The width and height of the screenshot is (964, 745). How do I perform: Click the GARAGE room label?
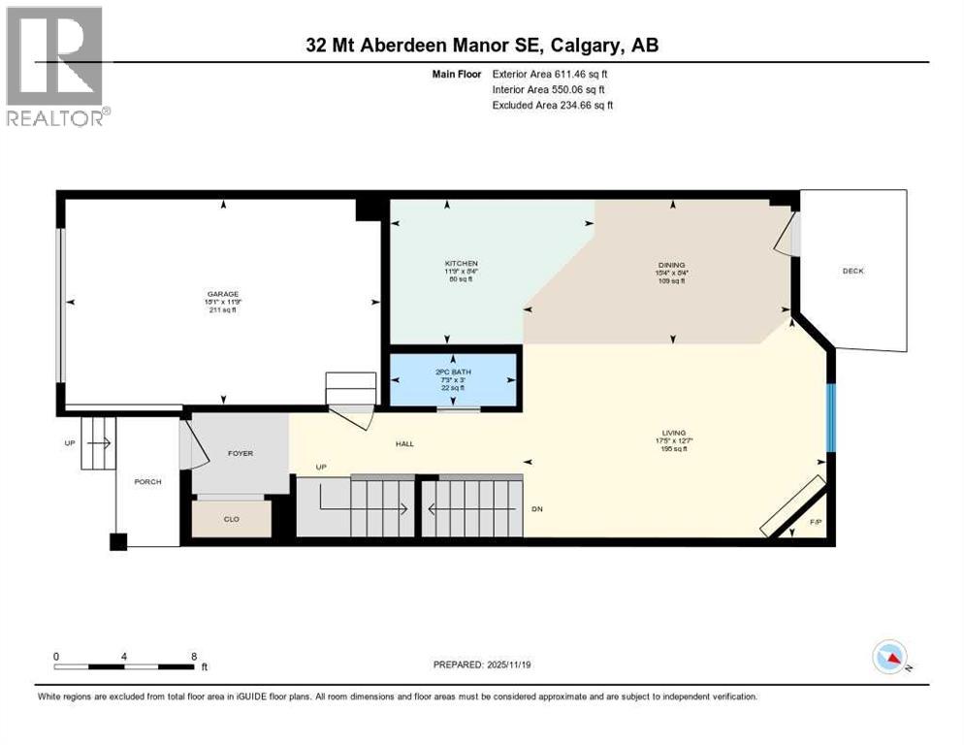222,294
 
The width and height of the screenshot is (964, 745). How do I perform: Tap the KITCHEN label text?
462,264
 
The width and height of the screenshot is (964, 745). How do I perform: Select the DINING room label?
671,265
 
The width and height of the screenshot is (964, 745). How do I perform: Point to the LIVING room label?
673,433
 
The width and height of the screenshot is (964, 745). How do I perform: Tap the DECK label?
852,271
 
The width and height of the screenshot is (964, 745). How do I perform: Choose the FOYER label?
240,452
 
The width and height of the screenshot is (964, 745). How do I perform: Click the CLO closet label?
231,519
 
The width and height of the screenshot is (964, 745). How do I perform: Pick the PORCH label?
147,482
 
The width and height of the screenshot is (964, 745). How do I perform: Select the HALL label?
404,443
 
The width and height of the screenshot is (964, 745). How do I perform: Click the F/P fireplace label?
815,523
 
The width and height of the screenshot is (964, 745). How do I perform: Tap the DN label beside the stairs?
537,509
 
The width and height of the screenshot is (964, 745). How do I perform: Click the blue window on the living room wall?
830,417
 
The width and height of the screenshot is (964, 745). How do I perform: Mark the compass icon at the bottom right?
889,658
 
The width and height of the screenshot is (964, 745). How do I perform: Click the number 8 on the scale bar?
194,656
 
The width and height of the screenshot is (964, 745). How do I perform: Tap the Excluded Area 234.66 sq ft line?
552,105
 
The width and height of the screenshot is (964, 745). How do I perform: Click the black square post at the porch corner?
117,541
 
